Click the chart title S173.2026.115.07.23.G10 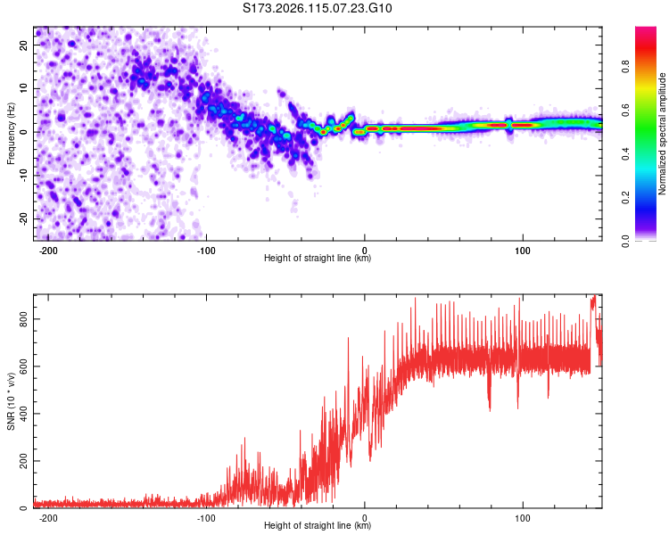(x=317, y=8)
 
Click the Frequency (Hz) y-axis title (x=11, y=134)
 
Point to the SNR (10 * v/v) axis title (x=11, y=401)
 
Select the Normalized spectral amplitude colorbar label (x=662, y=134)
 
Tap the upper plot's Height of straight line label (x=318, y=258)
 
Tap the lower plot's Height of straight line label (x=318, y=525)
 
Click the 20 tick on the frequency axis (x=23, y=45)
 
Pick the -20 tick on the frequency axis (x=23, y=218)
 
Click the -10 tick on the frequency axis (x=23, y=176)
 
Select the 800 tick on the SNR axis (x=23, y=319)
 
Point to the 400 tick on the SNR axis (x=23, y=414)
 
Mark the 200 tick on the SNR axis (x=23, y=461)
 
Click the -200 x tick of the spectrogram (x=48, y=251)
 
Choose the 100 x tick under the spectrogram (x=522, y=251)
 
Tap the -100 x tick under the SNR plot (x=206, y=518)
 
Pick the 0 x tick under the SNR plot (x=364, y=518)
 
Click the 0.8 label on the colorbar (x=625, y=67)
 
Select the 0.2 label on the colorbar (x=625, y=198)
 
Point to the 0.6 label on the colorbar (x=625, y=110)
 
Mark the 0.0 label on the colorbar (x=625, y=241)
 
